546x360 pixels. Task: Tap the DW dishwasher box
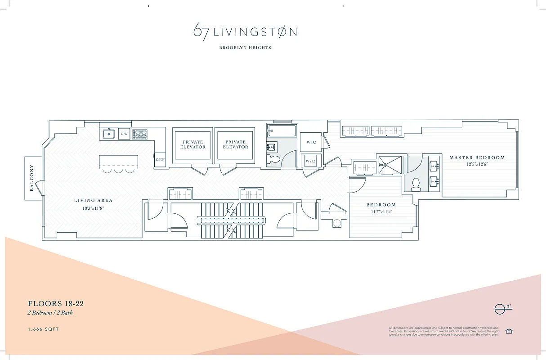[124, 134]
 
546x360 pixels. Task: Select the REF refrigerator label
[160, 160]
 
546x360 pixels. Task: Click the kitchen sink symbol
[108, 134]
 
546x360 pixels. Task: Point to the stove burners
[139, 134]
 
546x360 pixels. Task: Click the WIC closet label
[311, 142]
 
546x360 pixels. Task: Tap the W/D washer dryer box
[311, 161]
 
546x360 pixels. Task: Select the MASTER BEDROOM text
[477, 157]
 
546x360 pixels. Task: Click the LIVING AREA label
[94, 200]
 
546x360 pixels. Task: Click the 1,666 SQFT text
[44, 329]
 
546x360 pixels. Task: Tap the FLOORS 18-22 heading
[56, 304]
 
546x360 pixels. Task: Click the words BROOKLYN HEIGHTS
[245, 47]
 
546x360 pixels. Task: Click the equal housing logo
[509, 331]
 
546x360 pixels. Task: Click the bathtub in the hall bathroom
[282, 131]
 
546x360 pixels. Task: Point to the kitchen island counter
[119, 162]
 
